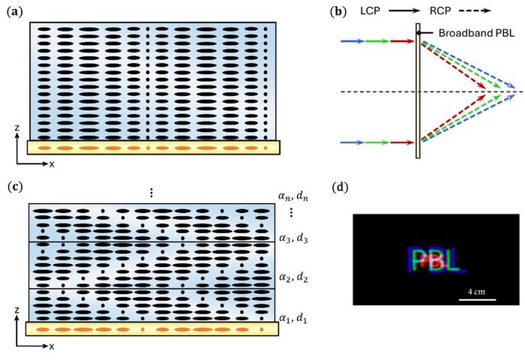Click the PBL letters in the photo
tap(436, 259)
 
